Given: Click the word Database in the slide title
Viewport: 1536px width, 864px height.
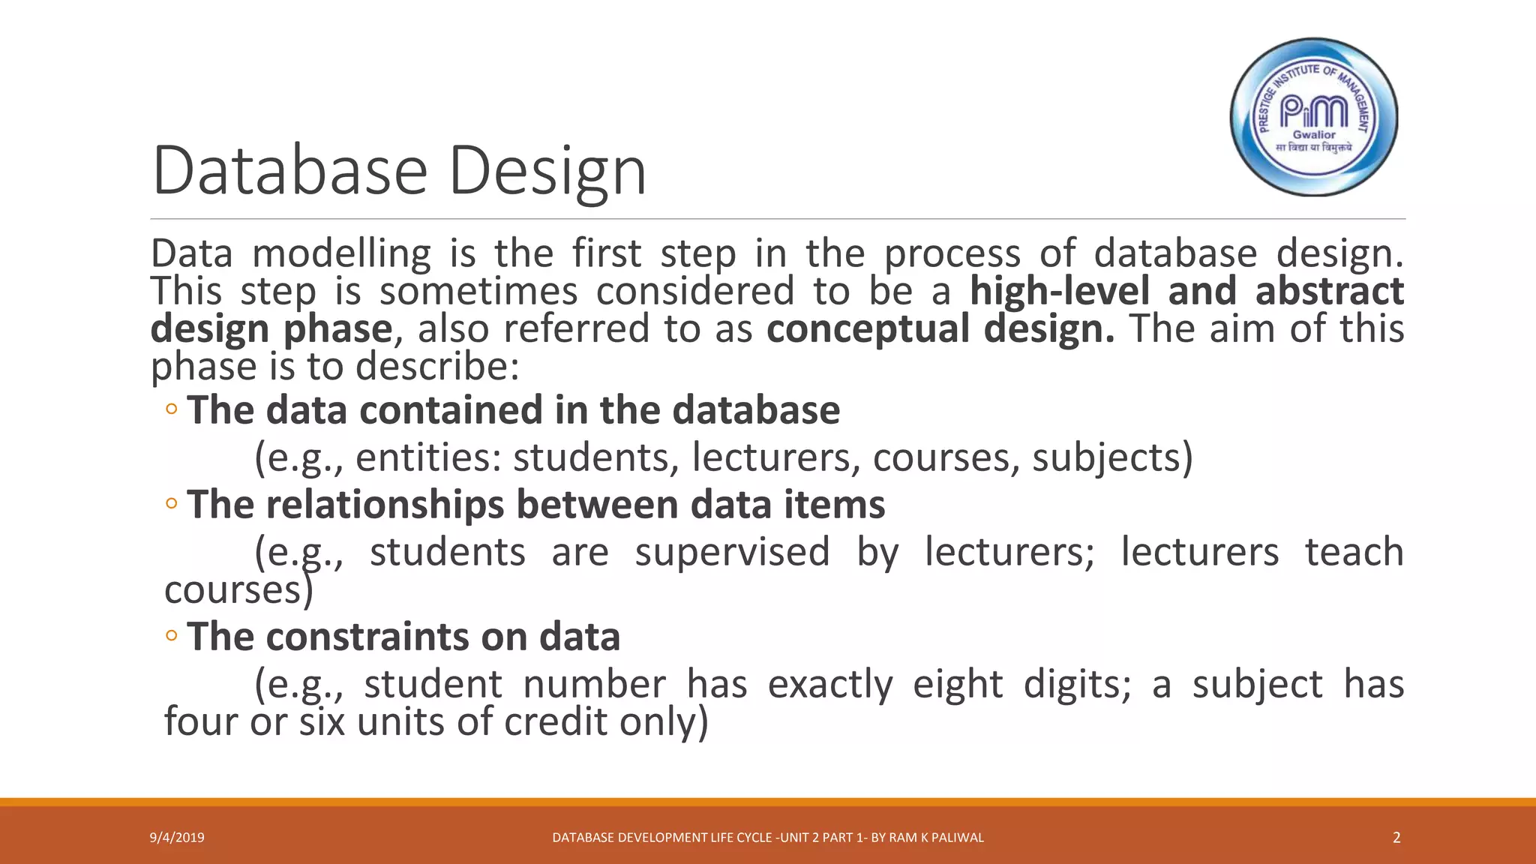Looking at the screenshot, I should (x=289, y=171).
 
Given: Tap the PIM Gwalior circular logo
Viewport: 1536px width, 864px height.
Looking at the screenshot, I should (x=1314, y=117).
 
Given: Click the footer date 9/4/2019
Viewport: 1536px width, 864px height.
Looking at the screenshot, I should (x=177, y=838).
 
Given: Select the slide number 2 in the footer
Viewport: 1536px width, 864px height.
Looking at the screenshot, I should (x=1396, y=838).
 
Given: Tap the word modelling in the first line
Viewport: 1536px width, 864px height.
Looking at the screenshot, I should (x=341, y=254).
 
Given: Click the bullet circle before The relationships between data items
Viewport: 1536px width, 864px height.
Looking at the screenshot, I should (x=172, y=504).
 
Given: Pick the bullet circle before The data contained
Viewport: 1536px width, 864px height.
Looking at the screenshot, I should (x=172, y=409).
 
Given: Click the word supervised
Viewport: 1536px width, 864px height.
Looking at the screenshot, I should (x=732, y=553).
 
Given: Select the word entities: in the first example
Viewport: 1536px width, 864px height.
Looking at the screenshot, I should (x=428, y=458).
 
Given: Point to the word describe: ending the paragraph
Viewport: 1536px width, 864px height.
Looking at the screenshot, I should (x=437, y=367).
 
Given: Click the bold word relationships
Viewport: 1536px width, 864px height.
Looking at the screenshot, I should (x=385, y=505).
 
